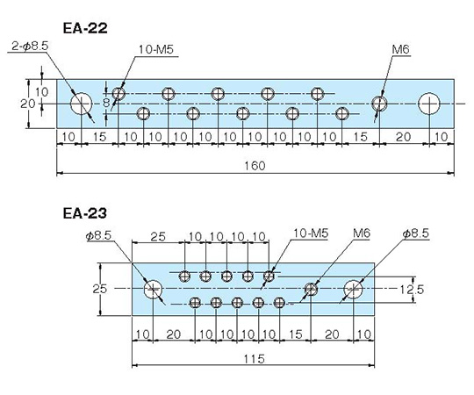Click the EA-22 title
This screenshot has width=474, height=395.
pos(85,28)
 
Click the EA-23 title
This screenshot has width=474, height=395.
pos(85,213)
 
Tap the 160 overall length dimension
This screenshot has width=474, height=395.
pos(255,166)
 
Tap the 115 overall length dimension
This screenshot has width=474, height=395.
pos(254,359)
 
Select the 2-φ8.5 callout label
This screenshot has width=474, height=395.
pos(30,47)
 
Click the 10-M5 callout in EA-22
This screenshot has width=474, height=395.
pos(156,49)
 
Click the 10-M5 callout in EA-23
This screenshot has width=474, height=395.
pos(311,233)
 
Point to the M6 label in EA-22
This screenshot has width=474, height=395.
pos(401,49)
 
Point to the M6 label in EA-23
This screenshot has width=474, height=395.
pos(362,233)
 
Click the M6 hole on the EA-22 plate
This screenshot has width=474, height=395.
pos(379,104)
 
